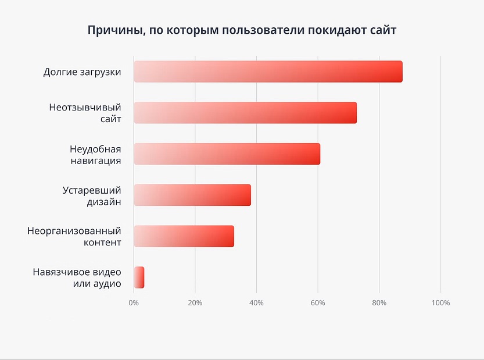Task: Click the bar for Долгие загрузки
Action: click(268, 72)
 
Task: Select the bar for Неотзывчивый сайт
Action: click(245, 113)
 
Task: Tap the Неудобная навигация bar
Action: click(227, 154)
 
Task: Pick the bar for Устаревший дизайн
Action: click(192, 195)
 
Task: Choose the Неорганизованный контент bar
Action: click(184, 236)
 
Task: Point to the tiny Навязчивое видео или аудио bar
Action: click(139, 277)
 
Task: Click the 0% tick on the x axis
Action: click(134, 303)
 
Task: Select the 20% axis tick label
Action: click(195, 303)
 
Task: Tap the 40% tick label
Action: click(256, 303)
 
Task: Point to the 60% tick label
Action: click(318, 303)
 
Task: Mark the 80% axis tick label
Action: click(379, 303)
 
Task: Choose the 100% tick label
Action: click(440, 303)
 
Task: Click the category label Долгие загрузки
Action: click(82, 72)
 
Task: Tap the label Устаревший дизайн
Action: click(92, 195)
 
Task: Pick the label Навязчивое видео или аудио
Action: click(77, 277)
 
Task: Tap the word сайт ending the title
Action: click(383, 30)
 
